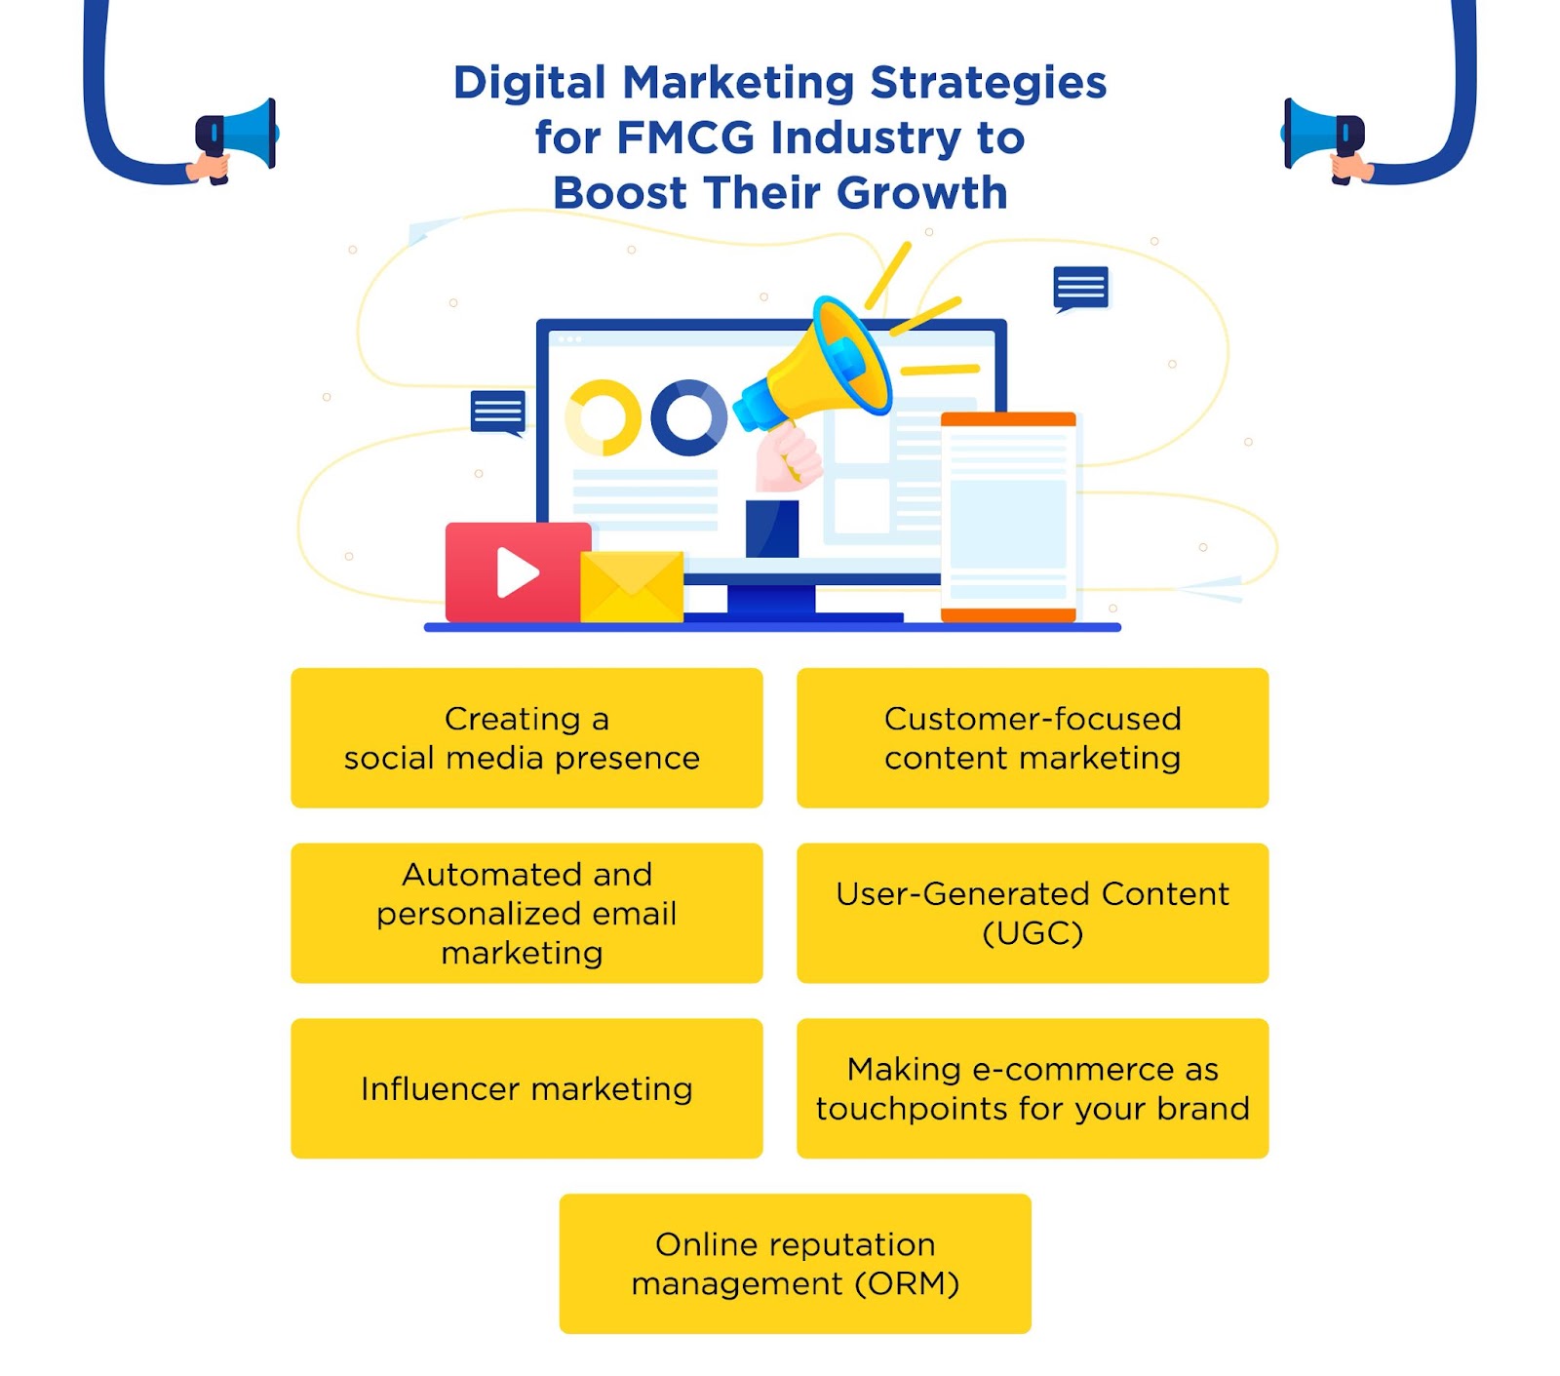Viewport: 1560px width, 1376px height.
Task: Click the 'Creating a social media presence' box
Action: coord(526,737)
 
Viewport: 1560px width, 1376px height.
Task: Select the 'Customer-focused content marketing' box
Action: coord(1032,737)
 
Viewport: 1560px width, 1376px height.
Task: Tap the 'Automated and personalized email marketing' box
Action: coord(526,913)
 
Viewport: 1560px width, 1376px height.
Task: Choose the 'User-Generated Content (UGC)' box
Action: coord(1032,913)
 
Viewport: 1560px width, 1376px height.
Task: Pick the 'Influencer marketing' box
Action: coord(526,1088)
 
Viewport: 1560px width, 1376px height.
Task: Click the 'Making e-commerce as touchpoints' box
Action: coord(1032,1088)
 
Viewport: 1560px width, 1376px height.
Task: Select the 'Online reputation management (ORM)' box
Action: coord(795,1264)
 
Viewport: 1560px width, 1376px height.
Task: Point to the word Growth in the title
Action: coord(921,193)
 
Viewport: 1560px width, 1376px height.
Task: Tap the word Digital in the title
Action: coord(529,83)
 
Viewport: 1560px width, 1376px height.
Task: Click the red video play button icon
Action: coord(518,572)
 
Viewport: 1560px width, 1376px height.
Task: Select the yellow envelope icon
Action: coord(632,586)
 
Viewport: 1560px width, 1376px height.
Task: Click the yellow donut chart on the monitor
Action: coord(604,417)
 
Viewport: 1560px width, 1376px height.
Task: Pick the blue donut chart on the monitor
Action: coord(688,417)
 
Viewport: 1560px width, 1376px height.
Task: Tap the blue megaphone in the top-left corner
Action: coord(239,135)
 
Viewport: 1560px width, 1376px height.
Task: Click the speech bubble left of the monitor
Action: coord(498,412)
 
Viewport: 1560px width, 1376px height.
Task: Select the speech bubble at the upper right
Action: coord(1080,289)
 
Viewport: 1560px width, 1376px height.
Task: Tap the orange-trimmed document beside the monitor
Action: coord(1008,516)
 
